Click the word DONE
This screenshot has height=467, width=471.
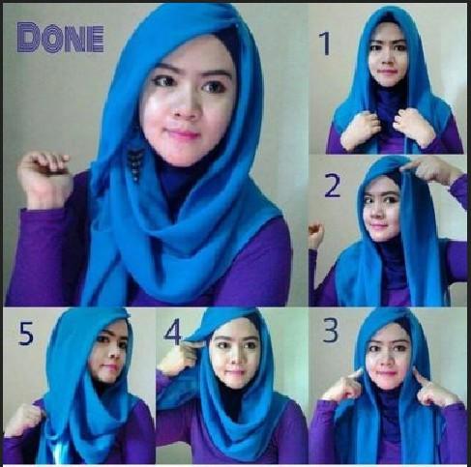tap(61, 38)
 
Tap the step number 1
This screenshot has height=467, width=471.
tap(325, 44)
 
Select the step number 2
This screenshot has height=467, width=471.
tap(332, 186)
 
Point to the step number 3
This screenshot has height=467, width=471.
tap(331, 331)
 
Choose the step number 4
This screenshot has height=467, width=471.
tap(173, 333)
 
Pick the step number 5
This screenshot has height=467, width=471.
tap(26, 334)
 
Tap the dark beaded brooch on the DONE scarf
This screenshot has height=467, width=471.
tap(136, 161)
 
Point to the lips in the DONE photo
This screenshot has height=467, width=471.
tap(184, 133)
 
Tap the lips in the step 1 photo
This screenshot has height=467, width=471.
tap(387, 72)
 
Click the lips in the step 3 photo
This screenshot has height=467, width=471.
tap(386, 374)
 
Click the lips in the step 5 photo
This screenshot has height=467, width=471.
tap(108, 368)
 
